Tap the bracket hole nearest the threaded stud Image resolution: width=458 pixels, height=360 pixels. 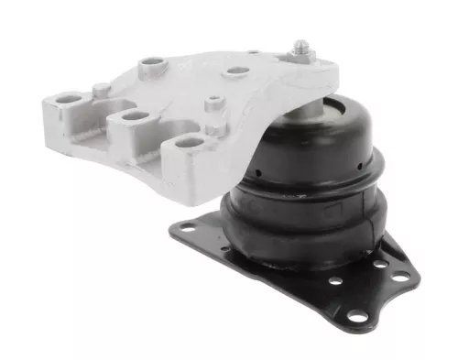[x=237, y=71]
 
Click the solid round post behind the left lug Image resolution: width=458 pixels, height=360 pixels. [x=98, y=88]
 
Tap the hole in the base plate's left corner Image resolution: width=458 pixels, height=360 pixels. [x=187, y=226]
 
